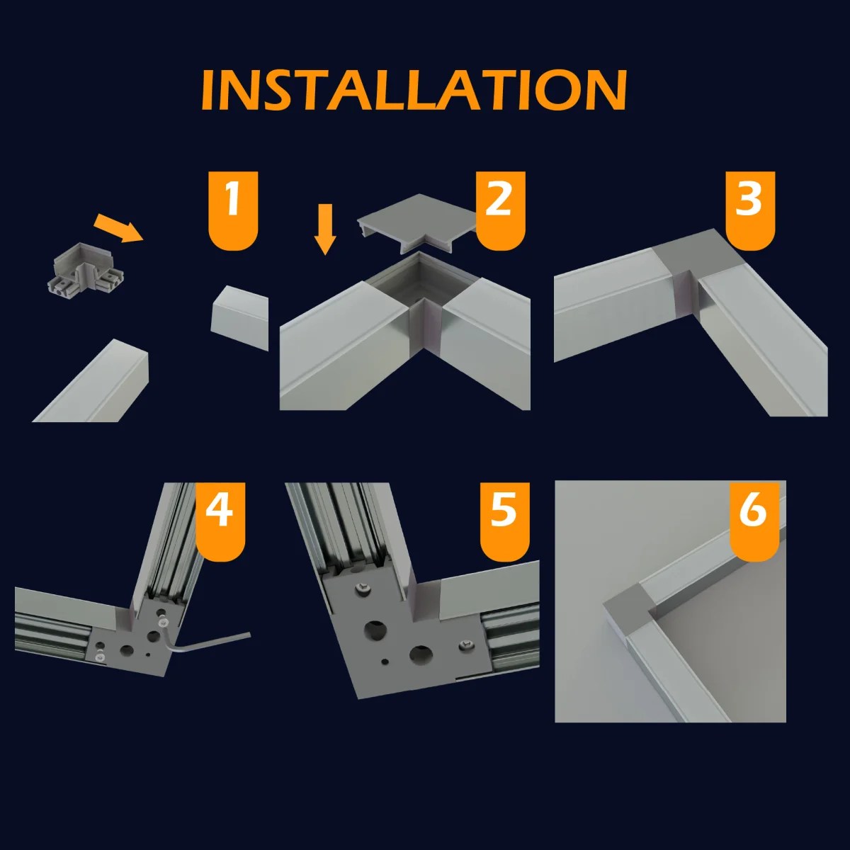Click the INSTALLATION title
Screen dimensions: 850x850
pyautogui.click(x=414, y=90)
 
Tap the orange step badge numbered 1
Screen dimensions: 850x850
pyautogui.click(x=233, y=210)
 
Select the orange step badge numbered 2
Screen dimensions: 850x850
pyautogui.click(x=500, y=210)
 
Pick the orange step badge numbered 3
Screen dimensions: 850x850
pyautogui.click(x=750, y=210)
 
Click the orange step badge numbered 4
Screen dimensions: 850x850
pyautogui.click(x=220, y=522)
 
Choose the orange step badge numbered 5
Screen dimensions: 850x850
pyautogui.click(x=504, y=522)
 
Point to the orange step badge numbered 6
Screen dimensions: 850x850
pyautogui.click(x=754, y=522)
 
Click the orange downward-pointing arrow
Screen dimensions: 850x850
pyautogui.click(x=325, y=229)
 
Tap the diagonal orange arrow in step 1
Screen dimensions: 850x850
pyautogui.click(x=119, y=227)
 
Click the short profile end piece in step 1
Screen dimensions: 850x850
pyautogui.click(x=240, y=317)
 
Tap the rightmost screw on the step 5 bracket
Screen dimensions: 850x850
pyautogui.click(x=466, y=645)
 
